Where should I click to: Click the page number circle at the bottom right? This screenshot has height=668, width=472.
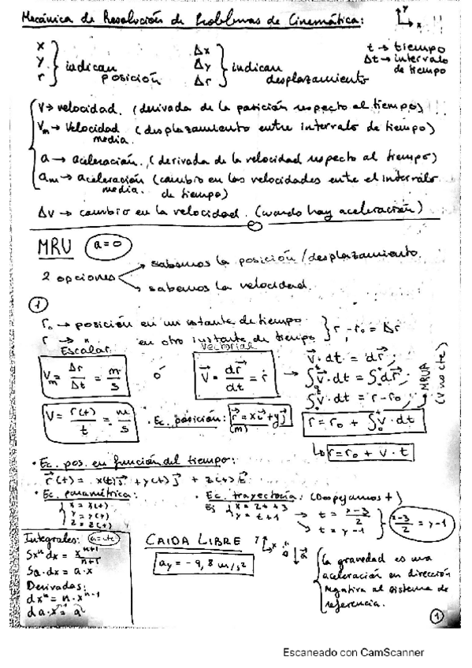(x=437, y=618)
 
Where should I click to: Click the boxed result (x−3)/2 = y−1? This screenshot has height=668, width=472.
(x=418, y=517)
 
